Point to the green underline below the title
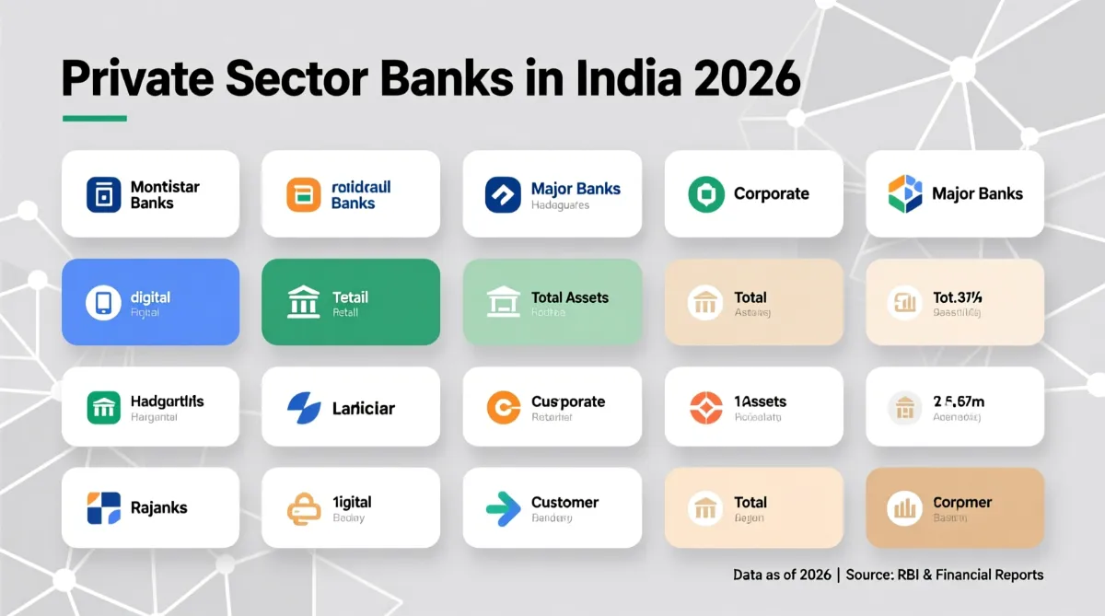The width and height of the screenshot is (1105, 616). point(94,118)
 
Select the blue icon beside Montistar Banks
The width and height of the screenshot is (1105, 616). point(104,194)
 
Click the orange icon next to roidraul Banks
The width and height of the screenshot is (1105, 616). point(304,194)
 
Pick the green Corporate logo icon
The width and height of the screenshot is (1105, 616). point(706,194)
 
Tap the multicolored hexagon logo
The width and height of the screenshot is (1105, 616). point(905,193)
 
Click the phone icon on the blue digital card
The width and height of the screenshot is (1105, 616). point(103,303)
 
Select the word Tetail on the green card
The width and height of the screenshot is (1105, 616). point(350,297)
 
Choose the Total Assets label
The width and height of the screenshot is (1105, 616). point(569,297)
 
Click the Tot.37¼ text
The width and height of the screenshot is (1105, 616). point(958,297)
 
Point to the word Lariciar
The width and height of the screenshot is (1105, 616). point(363,408)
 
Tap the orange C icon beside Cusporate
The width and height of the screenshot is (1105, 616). point(504,407)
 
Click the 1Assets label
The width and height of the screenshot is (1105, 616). point(761,401)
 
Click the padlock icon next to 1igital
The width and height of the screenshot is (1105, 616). point(304,507)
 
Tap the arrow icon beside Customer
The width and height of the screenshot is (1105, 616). point(503,507)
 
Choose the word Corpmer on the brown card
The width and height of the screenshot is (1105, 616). point(962,503)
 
